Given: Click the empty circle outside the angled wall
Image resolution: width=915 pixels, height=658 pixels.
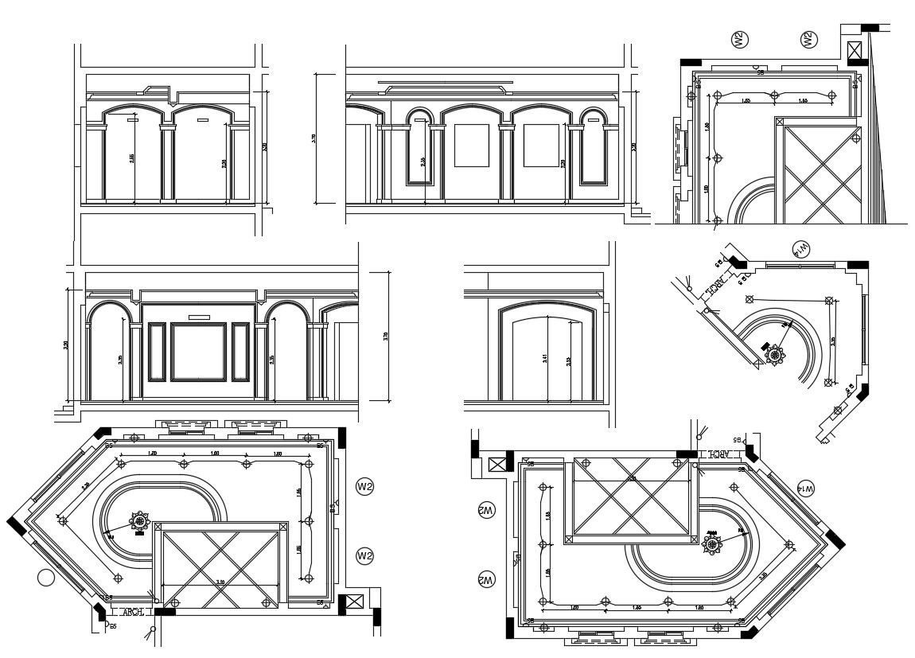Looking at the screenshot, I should (x=46, y=578).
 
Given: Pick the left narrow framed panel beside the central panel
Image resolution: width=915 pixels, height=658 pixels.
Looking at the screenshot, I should (x=156, y=351).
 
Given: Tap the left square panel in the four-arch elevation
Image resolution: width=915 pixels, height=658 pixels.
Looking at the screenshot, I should (x=471, y=145).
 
